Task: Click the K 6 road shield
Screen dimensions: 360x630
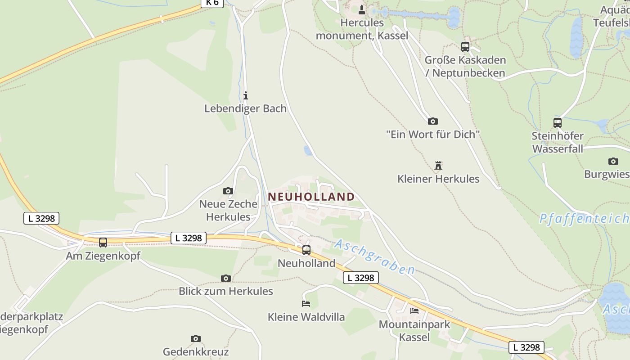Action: coord(212,3)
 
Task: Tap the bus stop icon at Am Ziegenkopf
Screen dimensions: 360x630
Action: coord(103,243)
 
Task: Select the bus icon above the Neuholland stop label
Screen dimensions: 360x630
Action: coord(306,250)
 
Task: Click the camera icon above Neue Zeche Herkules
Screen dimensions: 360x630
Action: coord(228,191)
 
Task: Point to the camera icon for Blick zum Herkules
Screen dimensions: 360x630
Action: coord(226,278)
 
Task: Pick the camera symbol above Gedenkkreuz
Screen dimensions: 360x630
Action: coord(195,338)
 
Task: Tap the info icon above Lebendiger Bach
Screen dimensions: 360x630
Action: coord(246,95)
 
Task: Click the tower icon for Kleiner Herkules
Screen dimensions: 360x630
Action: coord(438,166)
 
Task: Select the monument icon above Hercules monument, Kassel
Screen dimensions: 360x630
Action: coord(362,10)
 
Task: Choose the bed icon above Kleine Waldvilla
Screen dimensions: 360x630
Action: coord(306,304)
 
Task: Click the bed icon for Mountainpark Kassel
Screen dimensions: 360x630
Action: coord(414,310)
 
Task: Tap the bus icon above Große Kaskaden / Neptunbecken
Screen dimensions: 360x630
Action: coord(465,46)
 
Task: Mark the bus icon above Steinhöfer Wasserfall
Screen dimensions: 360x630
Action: coord(558,122)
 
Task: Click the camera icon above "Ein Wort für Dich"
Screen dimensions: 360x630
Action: coord(433,121)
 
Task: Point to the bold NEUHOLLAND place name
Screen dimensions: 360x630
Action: coord(311,197)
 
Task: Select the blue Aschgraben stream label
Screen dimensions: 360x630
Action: coord(374,257)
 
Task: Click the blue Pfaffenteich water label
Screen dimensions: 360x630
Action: coord(584,219)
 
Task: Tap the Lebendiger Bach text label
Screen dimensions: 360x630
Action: coord(245,108)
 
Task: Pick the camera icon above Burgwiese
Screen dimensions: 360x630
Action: coord(613,161)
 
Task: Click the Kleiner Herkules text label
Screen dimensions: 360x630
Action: coord(438,179)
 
